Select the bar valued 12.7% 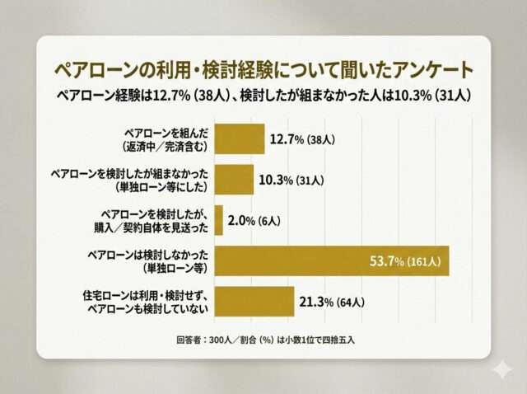[x=240, y=139]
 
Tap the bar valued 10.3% [x=234, y=179]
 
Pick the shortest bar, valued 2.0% [x=219, y=219]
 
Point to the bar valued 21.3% [x=254, y=302]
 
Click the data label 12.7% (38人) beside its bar [x=301, y=140]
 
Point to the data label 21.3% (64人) [x=331, y=303]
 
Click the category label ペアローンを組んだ [x=164, y=132]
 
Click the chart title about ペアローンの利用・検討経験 [x=263, y=67]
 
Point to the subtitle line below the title [x=263, y=96]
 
